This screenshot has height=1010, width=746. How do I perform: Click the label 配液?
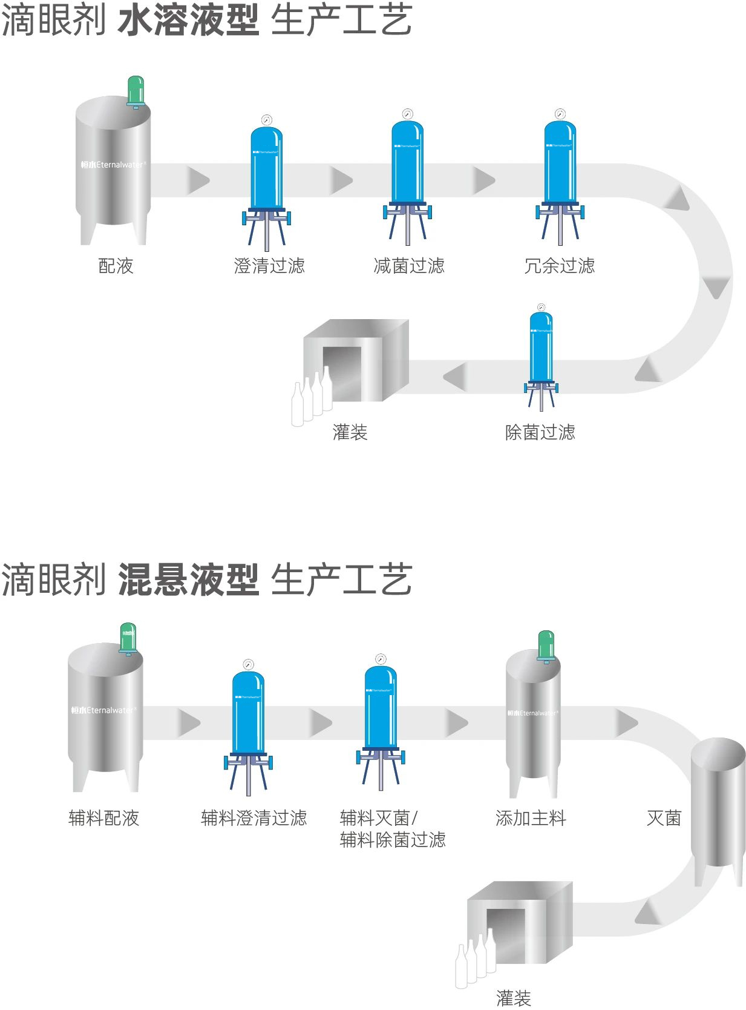click(x=116, y=266)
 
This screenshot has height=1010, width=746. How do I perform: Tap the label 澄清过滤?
click(x=269, y=266)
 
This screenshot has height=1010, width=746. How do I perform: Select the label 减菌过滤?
click(x=409, y=266)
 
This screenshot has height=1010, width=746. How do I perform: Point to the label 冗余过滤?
click(x=560, y=266)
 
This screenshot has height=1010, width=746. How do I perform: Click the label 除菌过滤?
click(x=540, y=432)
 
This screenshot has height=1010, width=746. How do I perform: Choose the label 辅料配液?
click(x=103, y=818)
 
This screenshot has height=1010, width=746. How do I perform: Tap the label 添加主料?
click(x=531, y=818)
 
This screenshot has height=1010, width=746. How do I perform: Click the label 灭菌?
click(x=664, y=818)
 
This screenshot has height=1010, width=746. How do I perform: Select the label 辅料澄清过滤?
click(x=254, y=818)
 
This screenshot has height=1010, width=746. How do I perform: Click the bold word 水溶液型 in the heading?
click(x=188, y=21)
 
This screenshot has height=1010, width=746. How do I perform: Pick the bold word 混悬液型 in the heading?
click(x=188, y=579)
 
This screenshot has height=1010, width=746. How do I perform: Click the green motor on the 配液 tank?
click(x=136, y=91)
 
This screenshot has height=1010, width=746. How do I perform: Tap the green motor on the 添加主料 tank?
click(x=546, y=645)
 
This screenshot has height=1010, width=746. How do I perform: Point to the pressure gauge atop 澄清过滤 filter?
click(x=266, y=119)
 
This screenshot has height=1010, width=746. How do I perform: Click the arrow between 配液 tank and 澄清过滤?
click(x=197, y=180)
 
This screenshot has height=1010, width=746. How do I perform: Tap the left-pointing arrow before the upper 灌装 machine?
click(x=454, y=377)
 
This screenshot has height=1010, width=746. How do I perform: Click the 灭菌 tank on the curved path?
click(x=718, y=805)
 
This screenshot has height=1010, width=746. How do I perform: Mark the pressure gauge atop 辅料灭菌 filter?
click(x=381, y=659)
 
